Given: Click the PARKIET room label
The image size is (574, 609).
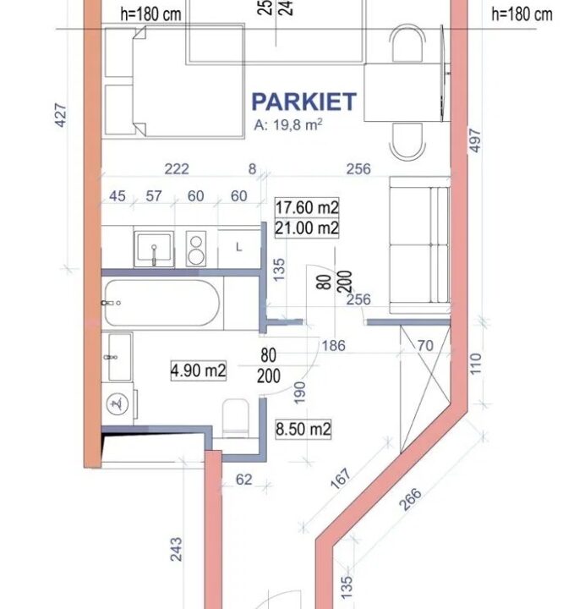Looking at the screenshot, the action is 303,101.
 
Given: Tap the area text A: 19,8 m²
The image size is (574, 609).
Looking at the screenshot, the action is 288,124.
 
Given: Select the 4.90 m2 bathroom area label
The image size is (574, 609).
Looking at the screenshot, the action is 199,370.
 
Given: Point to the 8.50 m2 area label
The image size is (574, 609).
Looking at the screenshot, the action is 303,429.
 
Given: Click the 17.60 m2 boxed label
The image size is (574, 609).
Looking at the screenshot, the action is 307,207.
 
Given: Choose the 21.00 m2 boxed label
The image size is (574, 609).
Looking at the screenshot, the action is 307,228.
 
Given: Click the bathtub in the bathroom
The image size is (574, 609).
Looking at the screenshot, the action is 161,303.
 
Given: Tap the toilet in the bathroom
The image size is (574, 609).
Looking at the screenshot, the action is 236,419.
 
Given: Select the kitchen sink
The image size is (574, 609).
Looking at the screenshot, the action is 154,249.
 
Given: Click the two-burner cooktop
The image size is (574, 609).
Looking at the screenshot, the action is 196,249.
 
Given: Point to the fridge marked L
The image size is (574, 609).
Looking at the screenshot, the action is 239,248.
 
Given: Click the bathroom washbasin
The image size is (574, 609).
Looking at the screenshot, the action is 117,357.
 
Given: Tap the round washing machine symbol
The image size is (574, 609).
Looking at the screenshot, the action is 118,404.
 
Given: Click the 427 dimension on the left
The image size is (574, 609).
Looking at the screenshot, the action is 61,115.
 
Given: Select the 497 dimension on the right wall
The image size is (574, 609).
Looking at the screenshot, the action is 475,140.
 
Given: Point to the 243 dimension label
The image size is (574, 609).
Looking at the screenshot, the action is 176,549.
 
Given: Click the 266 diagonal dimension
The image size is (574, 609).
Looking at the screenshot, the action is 410,499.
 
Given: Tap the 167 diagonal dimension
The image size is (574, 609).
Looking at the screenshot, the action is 341,479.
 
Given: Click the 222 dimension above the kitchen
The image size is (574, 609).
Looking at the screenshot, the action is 177,169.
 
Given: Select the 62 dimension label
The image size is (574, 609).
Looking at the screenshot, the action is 244,480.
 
